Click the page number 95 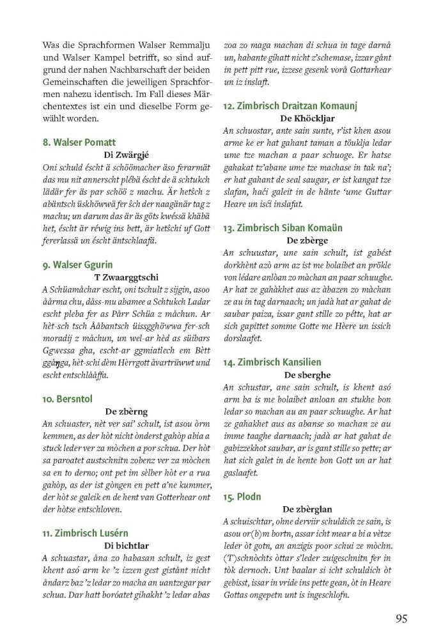[401, 618]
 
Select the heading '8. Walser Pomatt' [79, 142]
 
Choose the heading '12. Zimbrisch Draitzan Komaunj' [290, 105]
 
